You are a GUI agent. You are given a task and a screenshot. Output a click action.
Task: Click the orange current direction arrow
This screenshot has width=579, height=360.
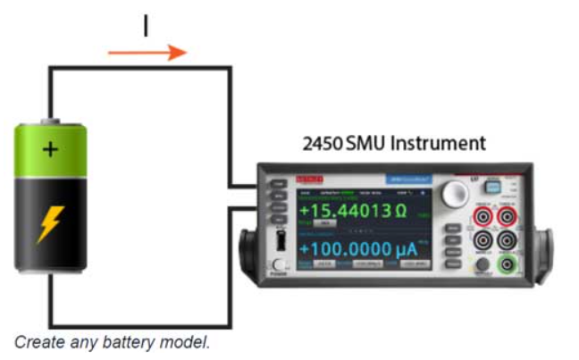tap(147, 54)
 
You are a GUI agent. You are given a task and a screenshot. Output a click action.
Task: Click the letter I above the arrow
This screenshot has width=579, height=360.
tap(146, 27)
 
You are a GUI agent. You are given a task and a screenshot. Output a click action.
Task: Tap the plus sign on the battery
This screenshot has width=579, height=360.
tap(50, 148)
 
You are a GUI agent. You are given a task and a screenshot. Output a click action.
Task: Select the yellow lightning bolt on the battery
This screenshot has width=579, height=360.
tap(49, 224)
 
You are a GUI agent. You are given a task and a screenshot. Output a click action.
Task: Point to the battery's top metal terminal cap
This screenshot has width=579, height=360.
tap(52, 120)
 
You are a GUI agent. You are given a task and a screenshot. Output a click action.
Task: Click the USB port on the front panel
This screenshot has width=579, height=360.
tap(281, 240)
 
